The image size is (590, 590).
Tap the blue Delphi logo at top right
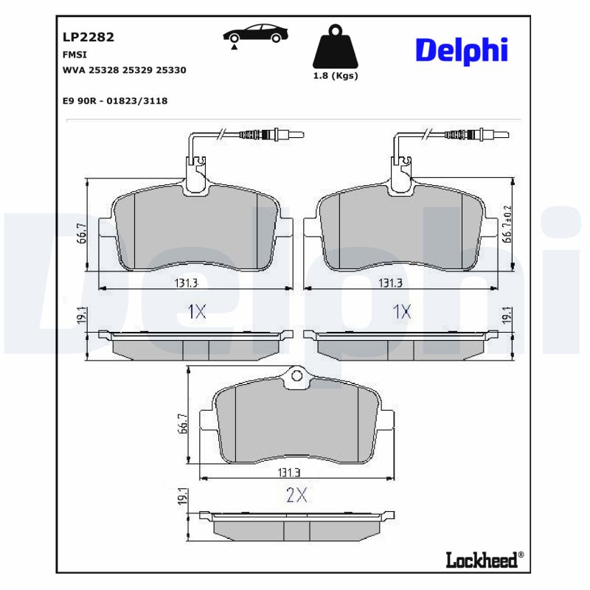coord(462,49)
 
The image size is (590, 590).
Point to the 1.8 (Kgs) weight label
coord(335,76)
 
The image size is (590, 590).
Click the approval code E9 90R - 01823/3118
coord(116,100)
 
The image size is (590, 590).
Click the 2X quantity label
coord(296,496)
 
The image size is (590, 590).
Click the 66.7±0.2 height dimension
coord(507,224)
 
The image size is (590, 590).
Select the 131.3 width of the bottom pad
coord(296,472)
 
